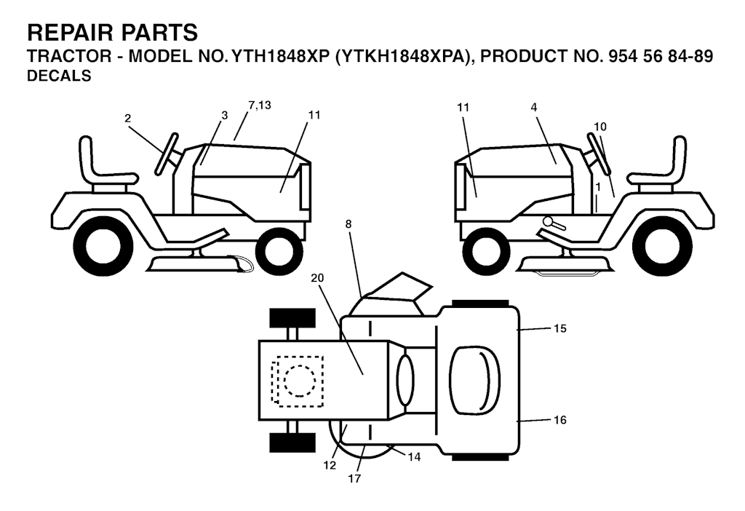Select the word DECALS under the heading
click(x=59, y=76)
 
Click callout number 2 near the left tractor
click(x=127, y=119)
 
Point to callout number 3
click(x=225, y=115)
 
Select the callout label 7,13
click(x=260, y=105)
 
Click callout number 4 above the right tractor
click(x=534, y=108)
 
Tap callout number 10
click(x=600, y=127)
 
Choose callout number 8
click(x=348, y=224)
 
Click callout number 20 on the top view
click(x=317, y=277)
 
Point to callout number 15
click(x=560, y=328)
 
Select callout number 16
click(x=560, y=420)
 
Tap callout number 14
click(x=414, y=457)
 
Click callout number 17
click(x=354, y=479)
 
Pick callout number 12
click(x=330, y=465)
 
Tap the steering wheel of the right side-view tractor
click(x=598, y=153)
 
